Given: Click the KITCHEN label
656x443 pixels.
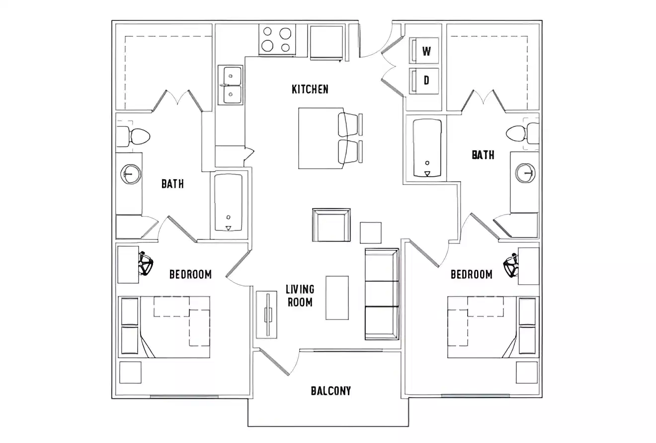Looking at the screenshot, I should [310, 89].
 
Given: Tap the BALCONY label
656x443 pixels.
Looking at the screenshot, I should [331, 391].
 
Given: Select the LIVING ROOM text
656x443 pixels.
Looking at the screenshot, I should [300, 295].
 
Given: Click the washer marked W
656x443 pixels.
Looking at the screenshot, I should [424, 51].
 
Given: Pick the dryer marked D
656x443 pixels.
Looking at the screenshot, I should [424, 81].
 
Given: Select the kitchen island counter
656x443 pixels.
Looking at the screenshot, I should [318, 138].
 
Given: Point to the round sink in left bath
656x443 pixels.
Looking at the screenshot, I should [131, 174].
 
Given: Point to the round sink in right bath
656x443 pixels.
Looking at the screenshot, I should [525, 173].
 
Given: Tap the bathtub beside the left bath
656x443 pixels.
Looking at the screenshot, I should [229, 202].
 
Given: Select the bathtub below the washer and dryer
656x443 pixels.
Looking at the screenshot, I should [427, 147].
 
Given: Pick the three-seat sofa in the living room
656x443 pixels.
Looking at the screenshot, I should [382, 294].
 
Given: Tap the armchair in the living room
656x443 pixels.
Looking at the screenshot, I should [331, 225].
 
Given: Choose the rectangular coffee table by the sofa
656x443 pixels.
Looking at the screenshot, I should [337, 297].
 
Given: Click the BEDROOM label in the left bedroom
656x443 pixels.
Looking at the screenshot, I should [190, 274].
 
